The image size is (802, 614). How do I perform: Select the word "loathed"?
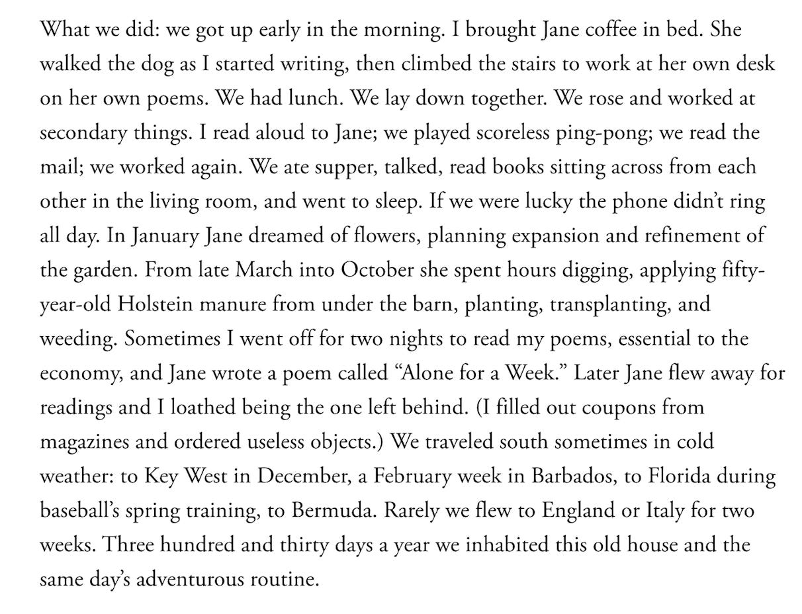pyautogui.click(x=200, y=408)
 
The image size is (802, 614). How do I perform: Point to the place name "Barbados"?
pyautogui.click(x=568, y=476)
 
